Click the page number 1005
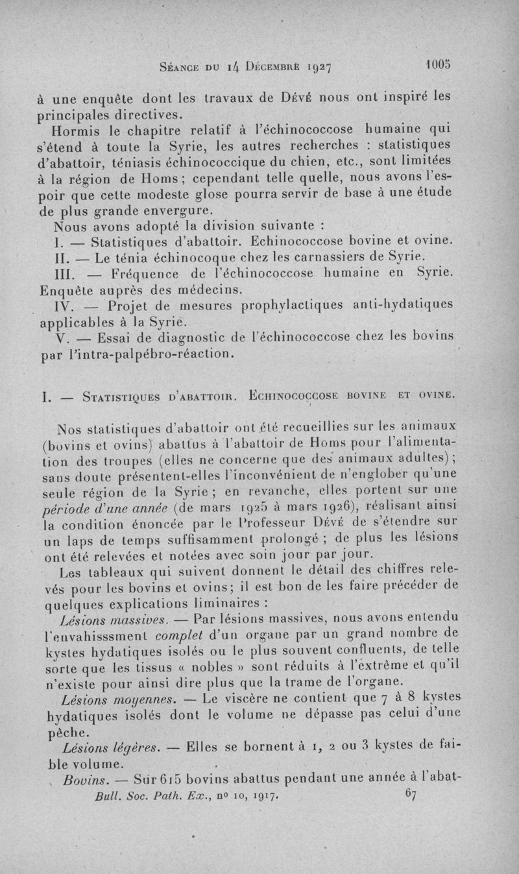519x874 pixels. pyautogui.click(x=439, y=65)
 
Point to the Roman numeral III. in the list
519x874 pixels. pyautogui.click(x=64, y=273)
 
